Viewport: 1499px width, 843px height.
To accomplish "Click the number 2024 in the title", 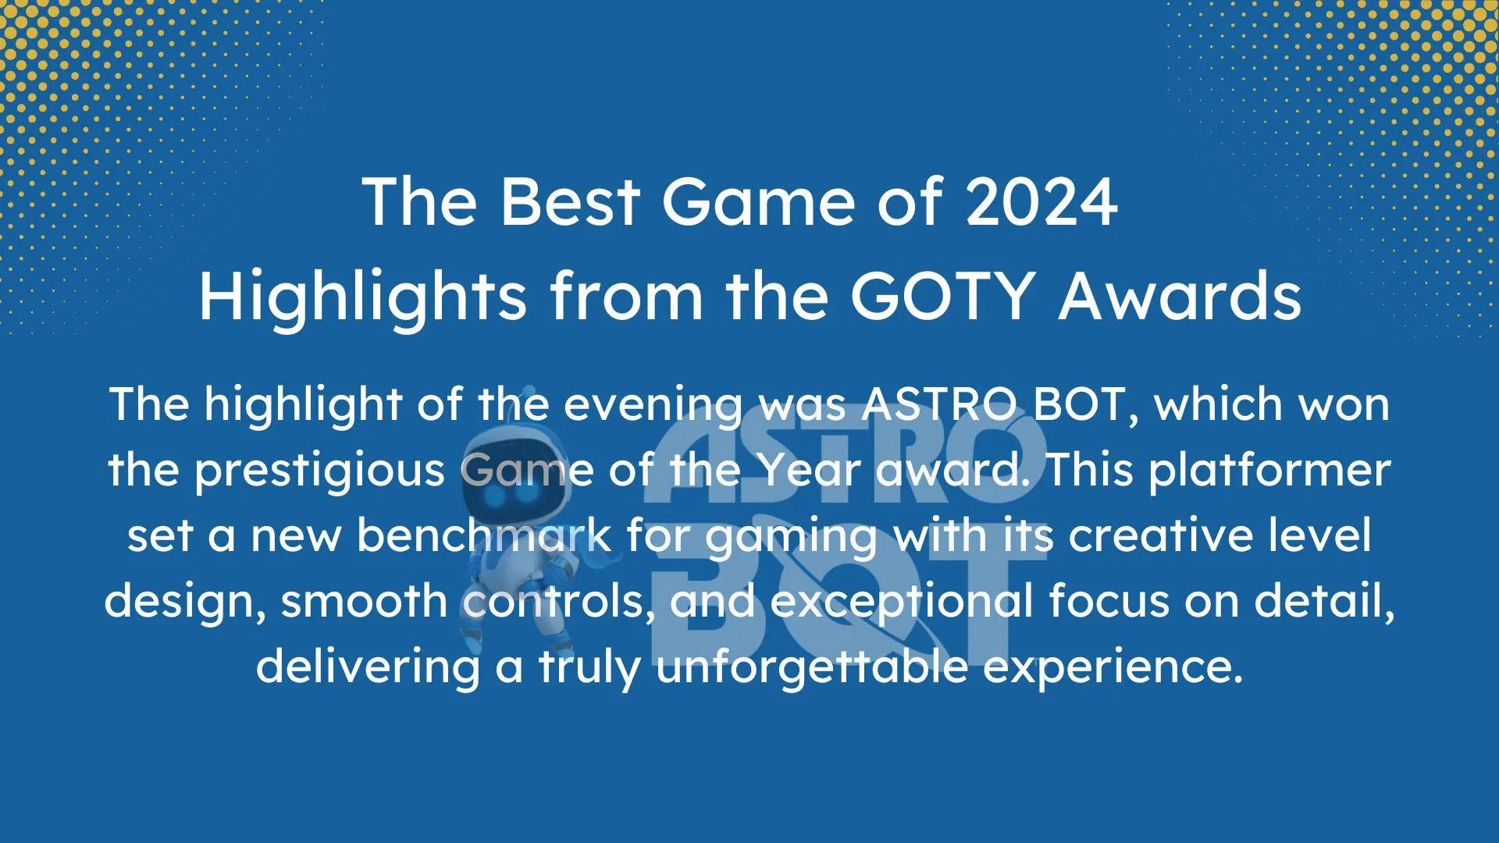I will (1041, 201).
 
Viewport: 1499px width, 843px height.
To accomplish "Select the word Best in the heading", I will (571, 201).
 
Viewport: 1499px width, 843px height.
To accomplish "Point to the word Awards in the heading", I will (1180, 297).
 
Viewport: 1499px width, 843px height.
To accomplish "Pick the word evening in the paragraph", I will (653, 406).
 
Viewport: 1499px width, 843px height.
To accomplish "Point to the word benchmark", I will (484, 535).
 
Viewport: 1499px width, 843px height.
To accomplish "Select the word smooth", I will (364, 601).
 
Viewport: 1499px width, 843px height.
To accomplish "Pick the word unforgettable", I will (811, 667).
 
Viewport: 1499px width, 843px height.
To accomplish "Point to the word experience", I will (1112, 668).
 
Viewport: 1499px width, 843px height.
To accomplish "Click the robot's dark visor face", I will (511, 476).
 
